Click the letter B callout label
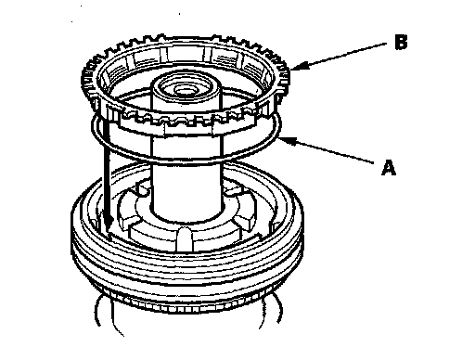coord(401,42)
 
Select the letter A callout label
coord(389,168)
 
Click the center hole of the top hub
coord(186,90)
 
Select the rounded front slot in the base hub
coord(185,238)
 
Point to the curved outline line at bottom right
coord(272,309)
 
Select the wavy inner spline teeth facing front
coord(186,119)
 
